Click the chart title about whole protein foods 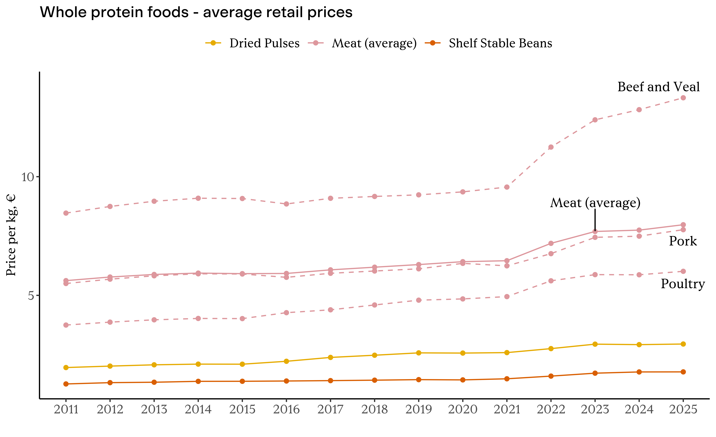[196, 13]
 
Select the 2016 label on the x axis [286, 410]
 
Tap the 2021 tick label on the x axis [507, 410]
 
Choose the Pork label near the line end [683, 241]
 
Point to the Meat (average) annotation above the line [595, 203]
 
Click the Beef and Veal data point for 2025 [683, 98]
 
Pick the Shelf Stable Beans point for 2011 [66, 384]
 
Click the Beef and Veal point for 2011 [66, 213]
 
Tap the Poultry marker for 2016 [286, 313]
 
